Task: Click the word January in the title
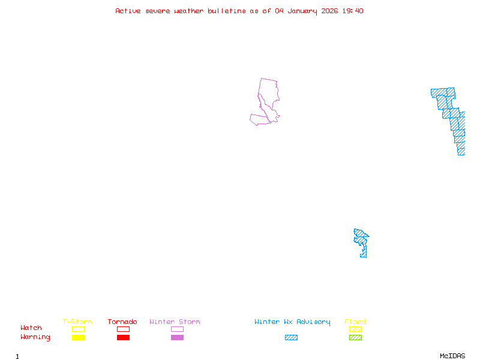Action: [302, 11]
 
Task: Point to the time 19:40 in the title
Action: [353, 11]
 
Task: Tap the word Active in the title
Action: [128, 11]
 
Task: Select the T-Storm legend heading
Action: [77, 322]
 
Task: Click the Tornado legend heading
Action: [122, 322]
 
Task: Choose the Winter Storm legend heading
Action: [175, 322]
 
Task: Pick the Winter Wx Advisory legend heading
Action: [292, 322]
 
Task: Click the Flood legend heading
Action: [355, 322]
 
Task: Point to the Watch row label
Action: [31, 328]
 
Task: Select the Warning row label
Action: [35, 337]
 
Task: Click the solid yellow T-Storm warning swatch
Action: [78, 337]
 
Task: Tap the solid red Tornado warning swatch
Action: [123, 337]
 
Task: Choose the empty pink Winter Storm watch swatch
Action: [177, 329]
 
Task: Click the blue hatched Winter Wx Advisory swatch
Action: [291, 337]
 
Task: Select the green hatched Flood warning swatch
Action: [355, 337]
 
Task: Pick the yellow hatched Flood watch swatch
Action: [355, 329]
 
